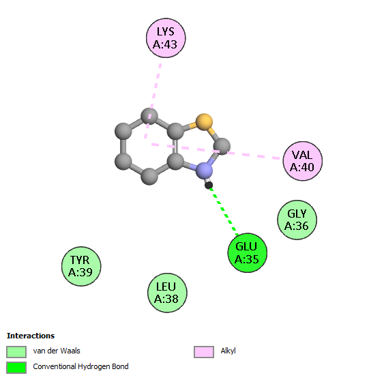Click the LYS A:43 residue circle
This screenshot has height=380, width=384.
click(x=166, y=38)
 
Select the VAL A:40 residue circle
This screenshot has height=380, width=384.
click(x=303, y=161)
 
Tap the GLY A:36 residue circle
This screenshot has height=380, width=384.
click(x=297, y=220)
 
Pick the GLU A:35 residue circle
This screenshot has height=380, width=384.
click(x=248, y=252)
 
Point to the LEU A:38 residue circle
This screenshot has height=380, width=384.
click(x=167, y=293)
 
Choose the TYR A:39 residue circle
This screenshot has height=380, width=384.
click(x=81, y=266)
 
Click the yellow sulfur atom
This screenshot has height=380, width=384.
click(x=204, y=121)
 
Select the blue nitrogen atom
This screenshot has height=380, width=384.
click(x=204, y=170)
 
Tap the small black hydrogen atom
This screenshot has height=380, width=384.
click(x=209, y=185)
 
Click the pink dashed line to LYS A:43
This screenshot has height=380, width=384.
click(x=153, y=100)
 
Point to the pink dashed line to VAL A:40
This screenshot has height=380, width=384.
click(x=216, y=151)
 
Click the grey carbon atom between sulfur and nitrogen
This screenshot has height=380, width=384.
click(x=222, y=146)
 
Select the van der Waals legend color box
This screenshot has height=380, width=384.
click(x=16, y=352)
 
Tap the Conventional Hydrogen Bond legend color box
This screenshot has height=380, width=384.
click(x=16, y=368)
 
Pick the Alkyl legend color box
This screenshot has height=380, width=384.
click(x=204, y=352)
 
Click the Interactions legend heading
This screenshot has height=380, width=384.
click(x=31, y=336)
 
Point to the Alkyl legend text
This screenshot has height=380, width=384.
click(x=228, y=351)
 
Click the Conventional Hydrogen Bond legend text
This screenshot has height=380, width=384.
click(x=80, y=366)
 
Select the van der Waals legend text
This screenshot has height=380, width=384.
click(x=57, y=351)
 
